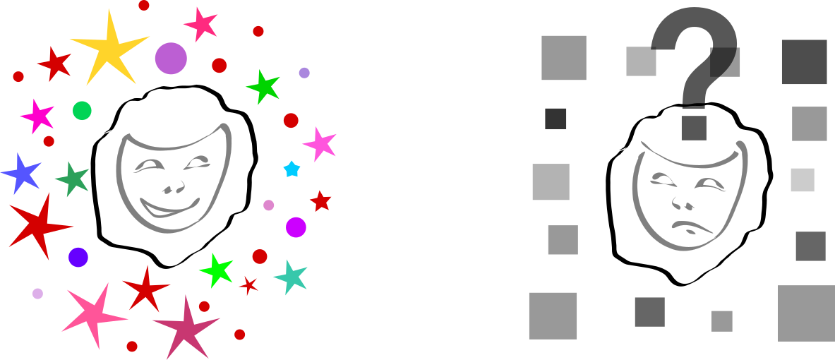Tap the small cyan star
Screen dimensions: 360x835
[292, 169]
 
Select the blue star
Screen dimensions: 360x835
[22, 173]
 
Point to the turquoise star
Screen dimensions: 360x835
[290, 277]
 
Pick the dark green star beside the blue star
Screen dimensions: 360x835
[72, 179]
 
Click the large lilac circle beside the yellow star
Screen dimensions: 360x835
[171, 58]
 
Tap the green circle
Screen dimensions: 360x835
[82, 111]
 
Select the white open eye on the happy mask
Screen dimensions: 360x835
[197, 162]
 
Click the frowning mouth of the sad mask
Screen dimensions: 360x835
[692, 227]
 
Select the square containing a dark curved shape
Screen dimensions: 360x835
[725, 62]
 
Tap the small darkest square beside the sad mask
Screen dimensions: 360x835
[555, 119]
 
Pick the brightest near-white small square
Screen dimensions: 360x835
[803, 180]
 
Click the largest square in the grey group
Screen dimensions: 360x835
[806, 313]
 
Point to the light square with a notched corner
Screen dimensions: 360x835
[641, 62]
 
